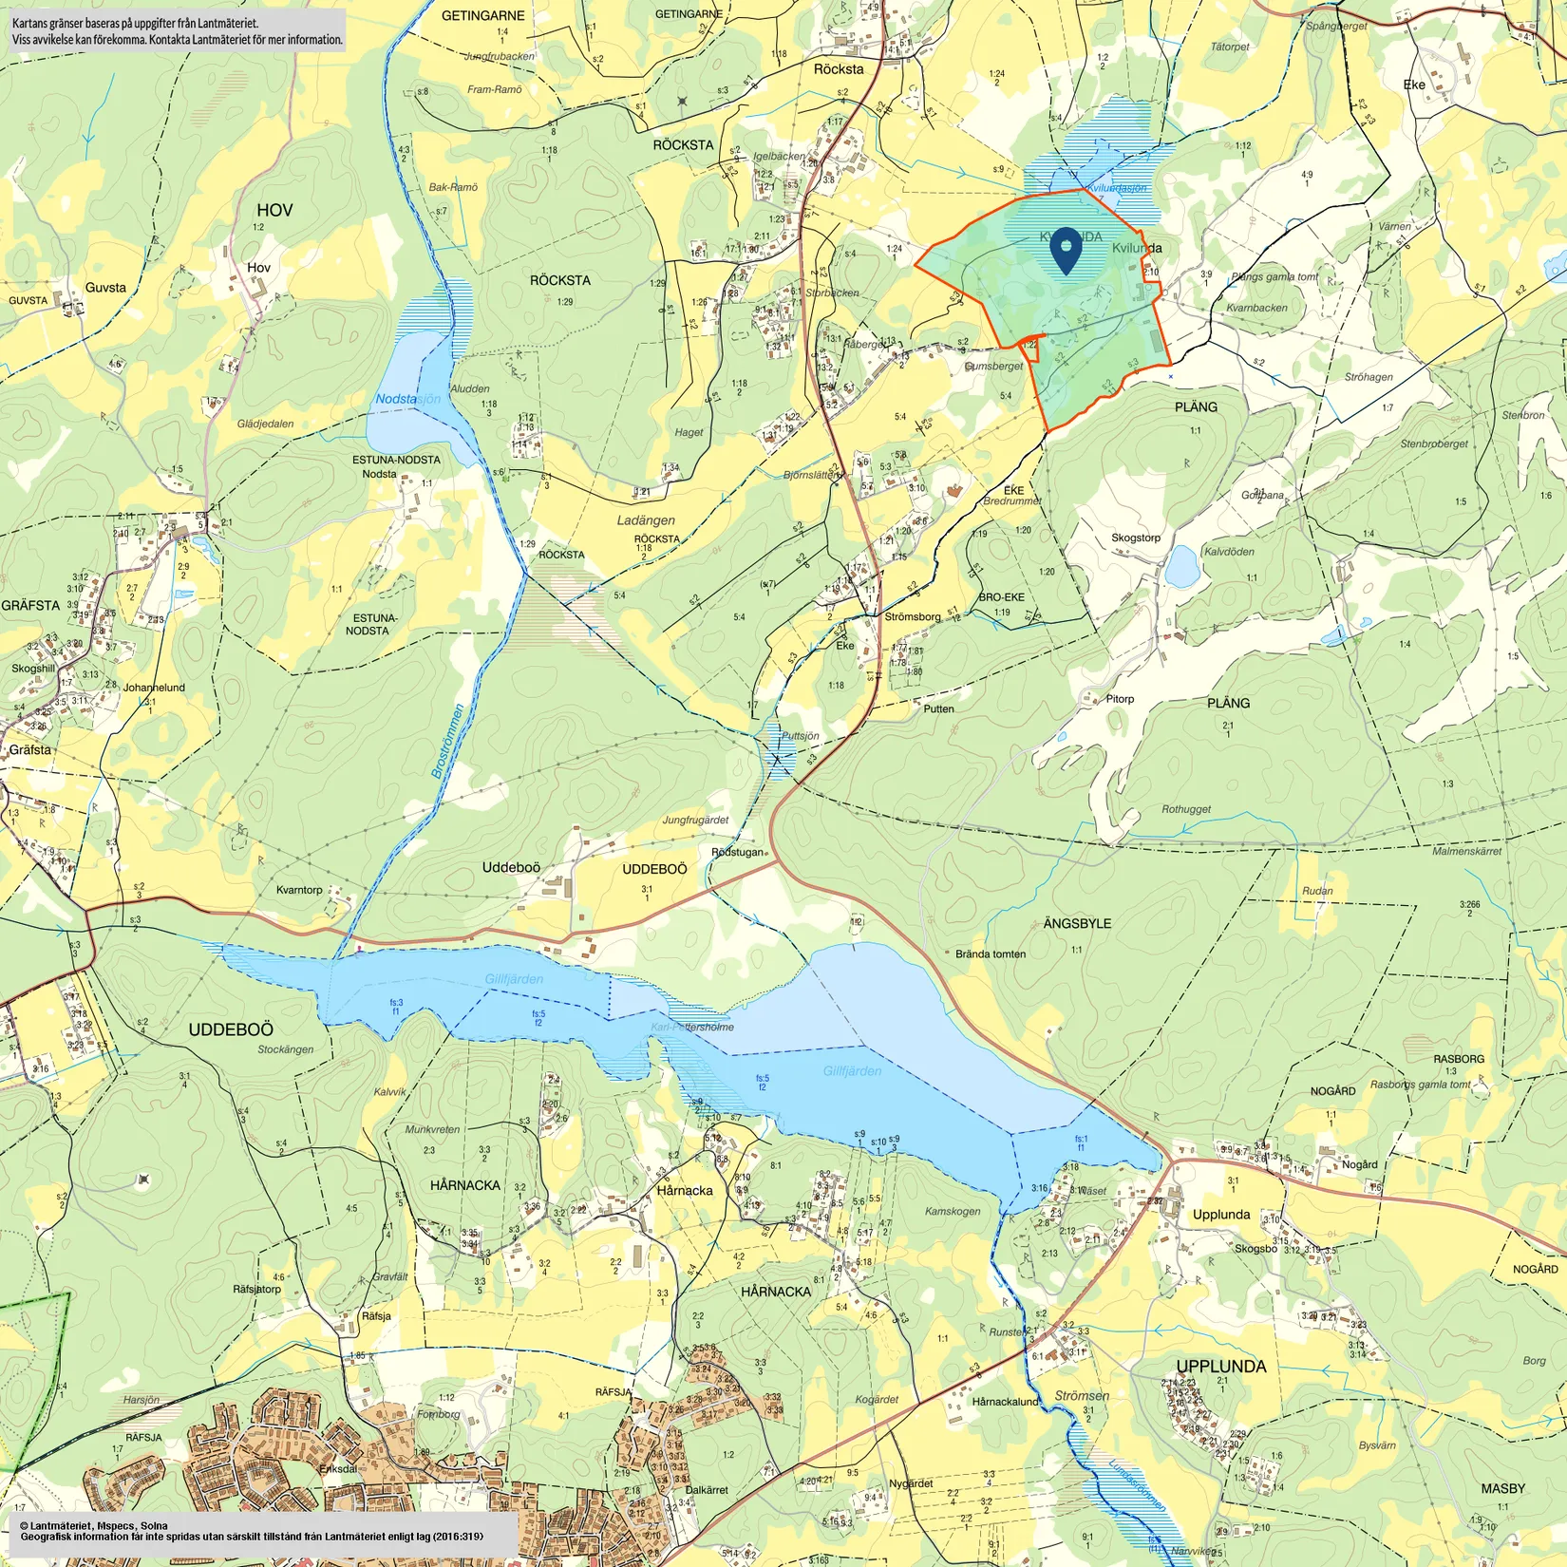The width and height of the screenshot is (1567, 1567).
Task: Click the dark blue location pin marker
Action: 1067,249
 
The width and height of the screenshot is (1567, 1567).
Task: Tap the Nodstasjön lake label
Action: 407,399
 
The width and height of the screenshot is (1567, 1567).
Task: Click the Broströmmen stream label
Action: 448,742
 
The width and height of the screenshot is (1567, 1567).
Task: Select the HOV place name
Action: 274,210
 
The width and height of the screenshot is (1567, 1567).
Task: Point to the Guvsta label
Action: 105,288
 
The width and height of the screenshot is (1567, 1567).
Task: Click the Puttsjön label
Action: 800,736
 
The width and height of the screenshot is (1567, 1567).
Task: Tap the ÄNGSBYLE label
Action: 1076,923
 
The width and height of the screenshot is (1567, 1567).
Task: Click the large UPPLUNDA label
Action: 1220,1367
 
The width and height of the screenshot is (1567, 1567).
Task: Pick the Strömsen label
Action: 1082,1396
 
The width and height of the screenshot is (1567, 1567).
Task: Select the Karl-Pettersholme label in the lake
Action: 692,1027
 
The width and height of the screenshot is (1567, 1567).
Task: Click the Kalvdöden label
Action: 1229,552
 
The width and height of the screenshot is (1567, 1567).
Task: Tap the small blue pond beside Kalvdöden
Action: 1181,567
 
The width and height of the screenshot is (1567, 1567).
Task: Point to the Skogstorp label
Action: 1135,538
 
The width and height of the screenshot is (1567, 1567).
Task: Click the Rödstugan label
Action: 737,852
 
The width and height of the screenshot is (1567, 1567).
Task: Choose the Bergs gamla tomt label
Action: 1274,277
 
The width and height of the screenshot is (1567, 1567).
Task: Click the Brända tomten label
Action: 990,954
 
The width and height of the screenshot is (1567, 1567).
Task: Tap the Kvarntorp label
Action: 299,890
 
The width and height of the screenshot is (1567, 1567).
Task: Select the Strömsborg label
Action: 912,616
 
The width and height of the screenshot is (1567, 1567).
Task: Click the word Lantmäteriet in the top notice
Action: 225,23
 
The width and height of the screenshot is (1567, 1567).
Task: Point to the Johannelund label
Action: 154,688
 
